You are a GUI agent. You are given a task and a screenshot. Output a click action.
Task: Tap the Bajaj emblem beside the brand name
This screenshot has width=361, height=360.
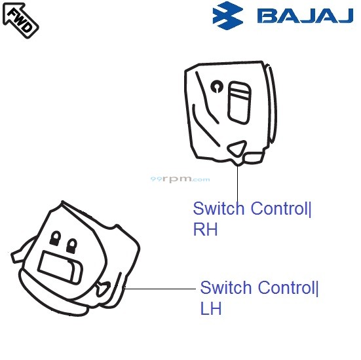click(230, 16)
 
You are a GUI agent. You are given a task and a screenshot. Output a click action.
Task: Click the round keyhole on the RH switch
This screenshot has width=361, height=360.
click(217, 85)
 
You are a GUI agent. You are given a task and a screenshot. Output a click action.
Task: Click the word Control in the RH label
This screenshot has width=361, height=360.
click(278, 209)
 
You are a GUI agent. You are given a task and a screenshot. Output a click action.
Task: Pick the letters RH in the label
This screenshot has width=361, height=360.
click(205, 230)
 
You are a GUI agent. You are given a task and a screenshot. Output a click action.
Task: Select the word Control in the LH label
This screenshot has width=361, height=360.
click(285, 288)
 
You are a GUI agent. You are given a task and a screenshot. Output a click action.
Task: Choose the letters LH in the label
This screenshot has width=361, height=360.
click(211, 308)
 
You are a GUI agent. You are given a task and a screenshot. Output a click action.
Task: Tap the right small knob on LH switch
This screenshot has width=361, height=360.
click(71, 244)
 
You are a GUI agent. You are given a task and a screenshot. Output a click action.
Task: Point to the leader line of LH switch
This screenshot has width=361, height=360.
click(161, 288)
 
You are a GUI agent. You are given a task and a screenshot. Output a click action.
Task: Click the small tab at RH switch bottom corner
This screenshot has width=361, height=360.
click(254, 158)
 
